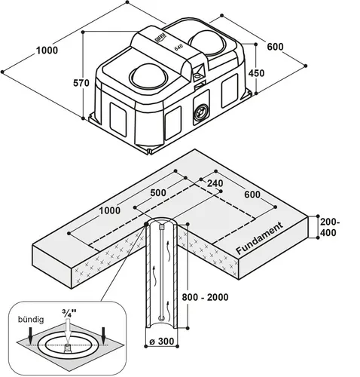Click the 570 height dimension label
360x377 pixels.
[81, 83]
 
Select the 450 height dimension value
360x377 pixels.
[256, 73]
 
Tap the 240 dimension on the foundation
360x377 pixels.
[215, 183]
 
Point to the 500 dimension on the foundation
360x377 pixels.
[158, 193]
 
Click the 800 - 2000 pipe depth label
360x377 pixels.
[205, 297]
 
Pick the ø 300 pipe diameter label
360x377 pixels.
[162, 342]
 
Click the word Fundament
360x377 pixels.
[260, 238]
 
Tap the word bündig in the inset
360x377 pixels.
[31, 320]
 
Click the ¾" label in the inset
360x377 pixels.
[69, 313]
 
